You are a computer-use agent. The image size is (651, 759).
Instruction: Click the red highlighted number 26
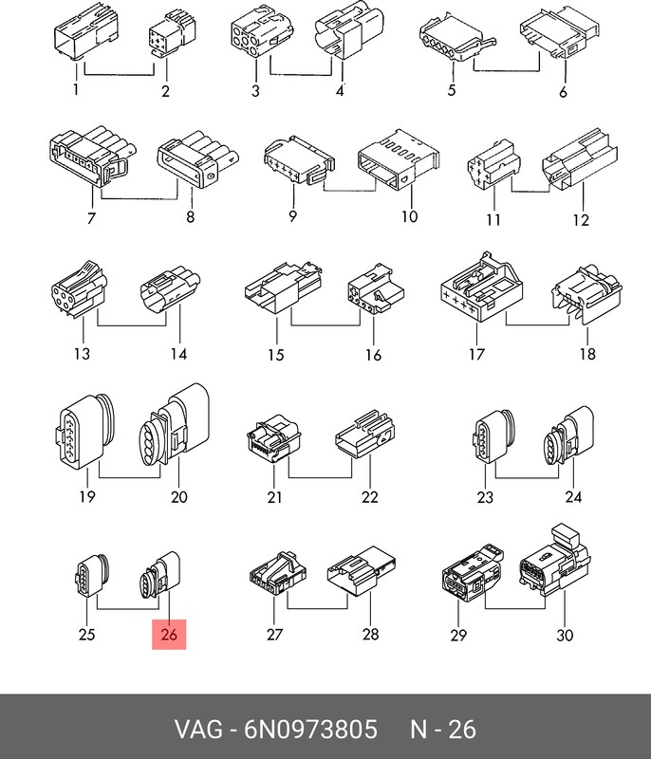[169, 634]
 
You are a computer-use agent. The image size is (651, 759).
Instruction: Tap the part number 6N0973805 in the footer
[310, 729]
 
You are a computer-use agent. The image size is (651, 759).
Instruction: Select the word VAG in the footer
[198, 729]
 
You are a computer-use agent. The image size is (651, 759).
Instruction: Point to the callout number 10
[409, 216]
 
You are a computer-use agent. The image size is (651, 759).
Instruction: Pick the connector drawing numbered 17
[481, 287]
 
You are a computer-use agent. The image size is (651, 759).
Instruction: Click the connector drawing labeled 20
[175, 425]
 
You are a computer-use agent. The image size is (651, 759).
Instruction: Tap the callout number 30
[565, 635]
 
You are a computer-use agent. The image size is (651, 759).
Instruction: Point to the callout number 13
[82, 353]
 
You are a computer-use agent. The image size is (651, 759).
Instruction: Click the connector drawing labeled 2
[172, 33]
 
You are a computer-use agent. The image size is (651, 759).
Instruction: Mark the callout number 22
[370, 497]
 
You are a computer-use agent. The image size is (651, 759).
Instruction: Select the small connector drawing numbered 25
[92, 575]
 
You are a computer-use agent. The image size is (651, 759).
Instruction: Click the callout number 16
[373, 355]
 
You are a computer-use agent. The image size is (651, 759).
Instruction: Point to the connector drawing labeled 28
[362, 571]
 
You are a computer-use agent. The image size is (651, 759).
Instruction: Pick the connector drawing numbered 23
[493, 436]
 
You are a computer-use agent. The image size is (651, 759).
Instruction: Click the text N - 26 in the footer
[443, 729]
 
